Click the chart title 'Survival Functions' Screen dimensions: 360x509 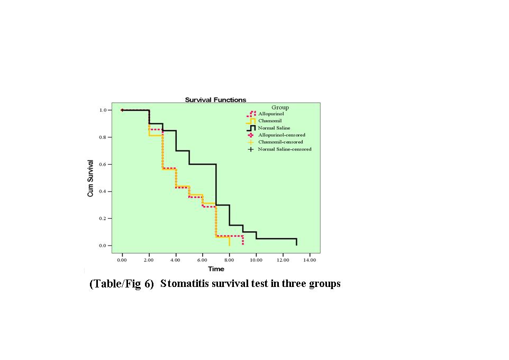(x=215, y=100)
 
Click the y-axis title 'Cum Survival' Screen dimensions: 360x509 (x=90, y=178)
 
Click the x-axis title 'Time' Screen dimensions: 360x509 (x=216, y=269)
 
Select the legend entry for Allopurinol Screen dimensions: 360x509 (x=271, y=114)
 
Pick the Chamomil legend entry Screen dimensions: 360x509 (x=269, y=121)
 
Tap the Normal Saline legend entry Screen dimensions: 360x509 (x=274, y=128)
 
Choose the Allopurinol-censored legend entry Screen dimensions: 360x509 (x=281, y=135)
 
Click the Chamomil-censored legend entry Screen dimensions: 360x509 (x=280, y=142)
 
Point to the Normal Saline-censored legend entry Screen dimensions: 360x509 (x=284, y=149)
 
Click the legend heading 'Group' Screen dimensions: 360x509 (x=280, y=107)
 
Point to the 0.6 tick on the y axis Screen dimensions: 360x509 (x=103, y=165)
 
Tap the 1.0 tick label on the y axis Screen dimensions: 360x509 (x=103, y=110)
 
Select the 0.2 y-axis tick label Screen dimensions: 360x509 (x=103, y=219)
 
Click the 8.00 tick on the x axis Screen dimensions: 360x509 (x=229, y=260)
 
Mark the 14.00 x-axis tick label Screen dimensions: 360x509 (x=310, y=260)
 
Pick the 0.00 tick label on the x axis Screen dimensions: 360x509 (x=122, y=260)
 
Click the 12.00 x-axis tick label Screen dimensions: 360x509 (x=283, y=260)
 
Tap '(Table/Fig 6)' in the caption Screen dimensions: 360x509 (x=121, y=284)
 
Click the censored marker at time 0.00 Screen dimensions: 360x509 (x=122, y=110)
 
